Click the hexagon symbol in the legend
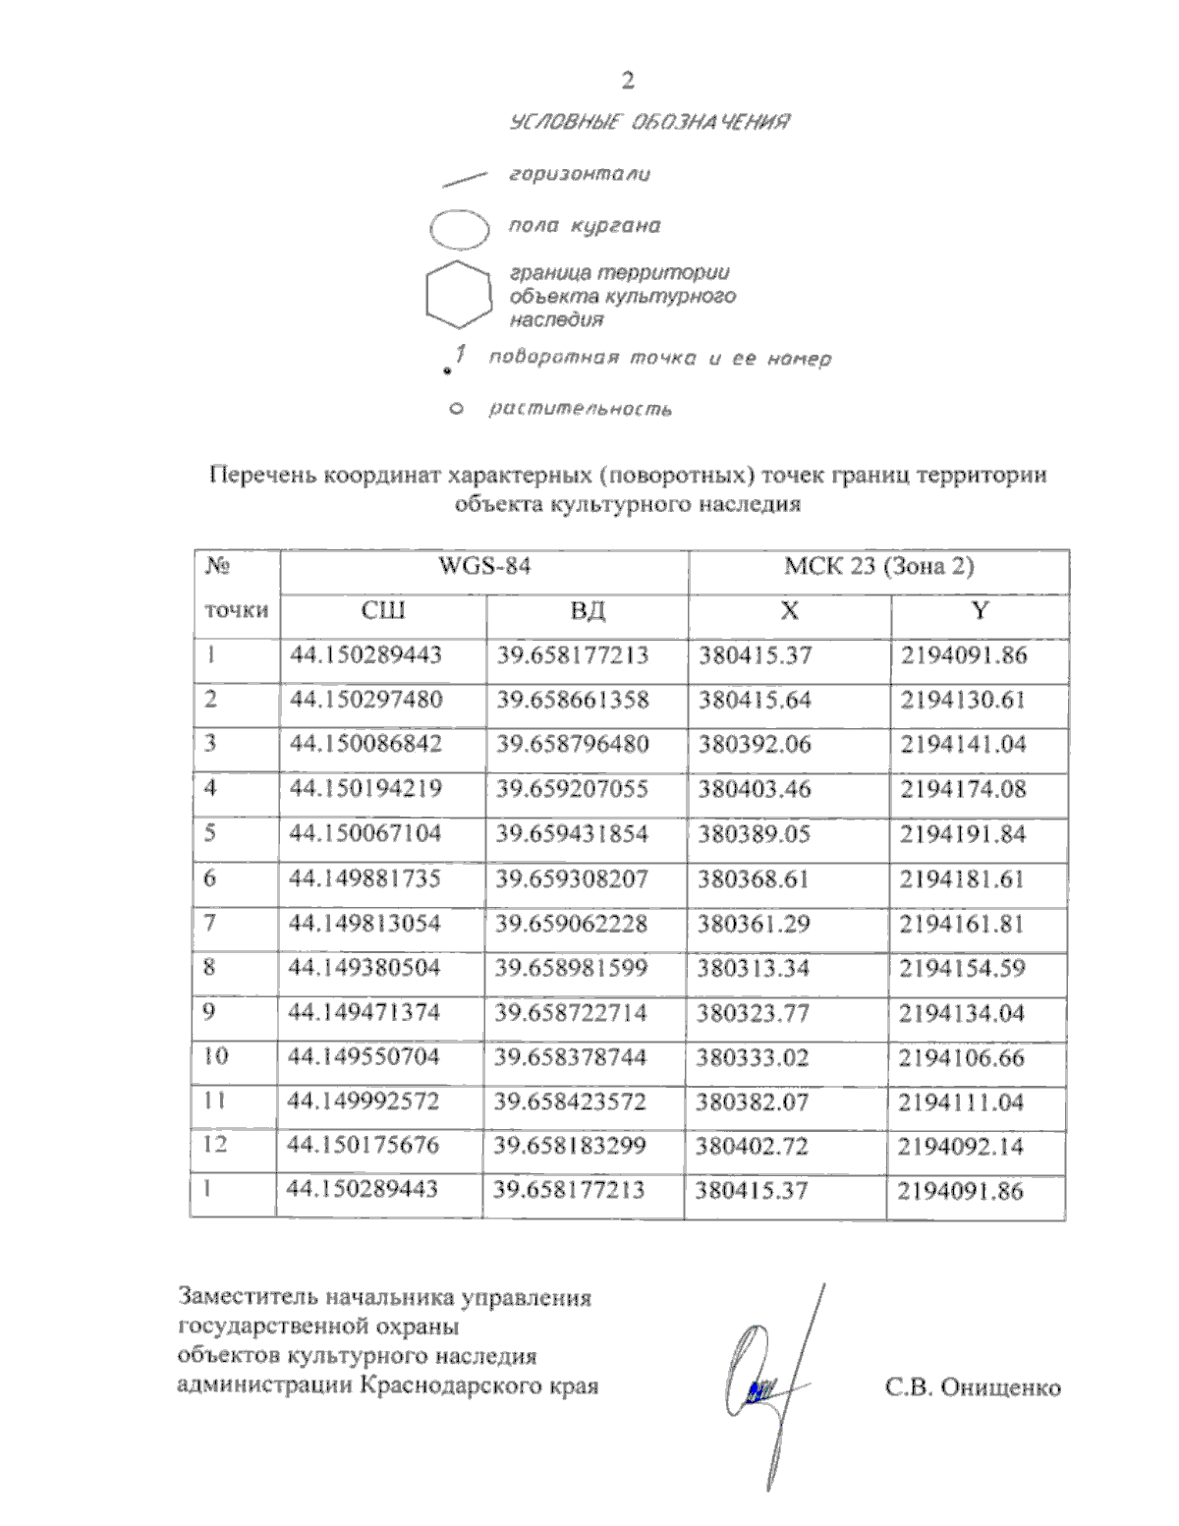click(x=457, y=294)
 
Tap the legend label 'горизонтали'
click(x=579, y=175)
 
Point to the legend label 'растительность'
click(x=581, y=408)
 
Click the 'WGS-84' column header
click(x=483, y=567)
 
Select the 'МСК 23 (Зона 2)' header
click(x=878, y=567)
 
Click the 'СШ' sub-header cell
click(x=382, y=611)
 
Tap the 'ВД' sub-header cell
click(x=588, y=611)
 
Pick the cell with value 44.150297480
click(x=365, y=700)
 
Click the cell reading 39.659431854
click(x=572, y=834)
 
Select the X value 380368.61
click(x=754, y=878)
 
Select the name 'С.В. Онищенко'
click(x=973, y=1387)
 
